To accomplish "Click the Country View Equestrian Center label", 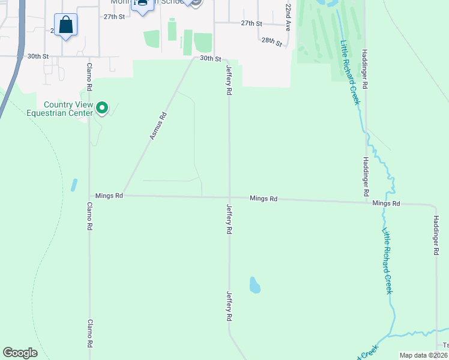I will [x=68, y=109].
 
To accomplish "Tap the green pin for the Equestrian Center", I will [x=102, y=108].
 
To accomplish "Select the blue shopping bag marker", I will [x=66, y=26].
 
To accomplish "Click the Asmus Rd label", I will [x=157, y=127].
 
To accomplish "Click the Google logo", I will [x=20, y=353].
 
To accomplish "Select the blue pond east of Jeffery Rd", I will [x=255, y=284].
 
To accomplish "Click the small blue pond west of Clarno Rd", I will [x=74, y=184].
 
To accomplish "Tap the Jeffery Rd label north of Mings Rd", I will [x=229, y=82].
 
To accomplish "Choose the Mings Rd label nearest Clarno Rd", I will [x=109, y=196].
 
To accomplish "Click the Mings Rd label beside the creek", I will [x=386, y=203].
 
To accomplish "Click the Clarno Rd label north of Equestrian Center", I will [x=89, y=77].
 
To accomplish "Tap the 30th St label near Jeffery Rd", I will [x=211, y=58].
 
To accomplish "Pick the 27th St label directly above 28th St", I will [x=252, y=23].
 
